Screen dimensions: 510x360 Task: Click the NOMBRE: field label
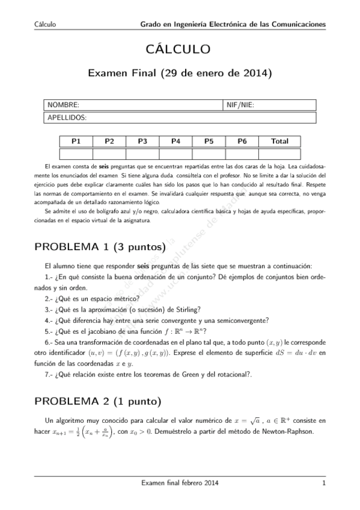63,105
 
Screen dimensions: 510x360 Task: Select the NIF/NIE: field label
240,105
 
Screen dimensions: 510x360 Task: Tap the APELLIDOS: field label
67,117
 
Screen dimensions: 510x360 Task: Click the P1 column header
76,141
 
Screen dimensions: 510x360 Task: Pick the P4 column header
176,141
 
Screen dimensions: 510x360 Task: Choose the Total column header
279,141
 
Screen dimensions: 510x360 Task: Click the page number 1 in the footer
323,483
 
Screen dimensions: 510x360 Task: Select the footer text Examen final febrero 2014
179,483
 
